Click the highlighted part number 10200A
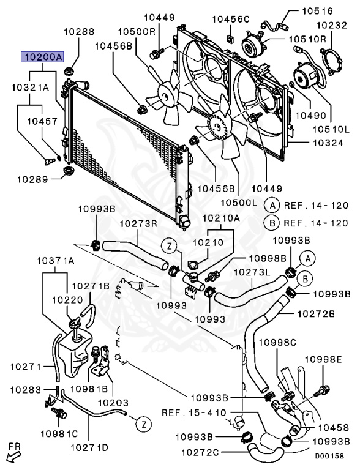coord(42,57)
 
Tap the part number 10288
coord(79,31)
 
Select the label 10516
coord(317,11)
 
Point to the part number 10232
coord(332,25)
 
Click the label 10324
coord(328,143)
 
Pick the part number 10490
coord(311,115)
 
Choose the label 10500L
coord(239,203)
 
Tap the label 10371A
coord(56,261)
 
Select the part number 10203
coord(113,403)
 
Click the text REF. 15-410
coord(194,412)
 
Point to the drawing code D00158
coord(329,456)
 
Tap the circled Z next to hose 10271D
coord(144,425)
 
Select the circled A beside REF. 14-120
coord(272,206)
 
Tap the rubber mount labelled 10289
coord(68,171)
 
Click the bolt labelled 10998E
coord(322,390)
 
